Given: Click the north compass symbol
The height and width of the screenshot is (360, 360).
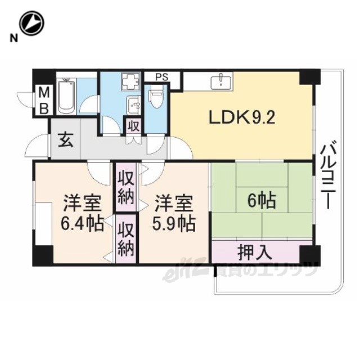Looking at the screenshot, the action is point(31,23).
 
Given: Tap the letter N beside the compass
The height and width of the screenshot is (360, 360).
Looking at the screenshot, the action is point(14,38).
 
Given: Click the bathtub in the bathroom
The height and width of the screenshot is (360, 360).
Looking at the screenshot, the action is point(66,96).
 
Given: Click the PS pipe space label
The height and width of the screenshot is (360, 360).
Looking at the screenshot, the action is point(162,77).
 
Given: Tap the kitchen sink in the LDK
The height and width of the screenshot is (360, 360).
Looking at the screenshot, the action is point(221,80).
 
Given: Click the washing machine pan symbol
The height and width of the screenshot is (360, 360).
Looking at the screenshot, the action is point(130,82).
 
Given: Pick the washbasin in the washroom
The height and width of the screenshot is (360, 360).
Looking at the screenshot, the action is point(133,105).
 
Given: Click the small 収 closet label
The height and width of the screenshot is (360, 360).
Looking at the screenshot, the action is point(134,126).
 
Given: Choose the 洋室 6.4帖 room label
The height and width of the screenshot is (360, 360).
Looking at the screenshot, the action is point(82,213).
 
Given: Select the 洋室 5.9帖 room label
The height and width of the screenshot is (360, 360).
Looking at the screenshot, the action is point(174,213).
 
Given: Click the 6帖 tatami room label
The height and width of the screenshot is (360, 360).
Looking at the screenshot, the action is point(261,200).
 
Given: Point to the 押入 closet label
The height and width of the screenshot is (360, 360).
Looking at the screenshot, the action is point(255,252).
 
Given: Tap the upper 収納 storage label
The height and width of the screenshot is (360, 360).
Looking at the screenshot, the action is point(126,188).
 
